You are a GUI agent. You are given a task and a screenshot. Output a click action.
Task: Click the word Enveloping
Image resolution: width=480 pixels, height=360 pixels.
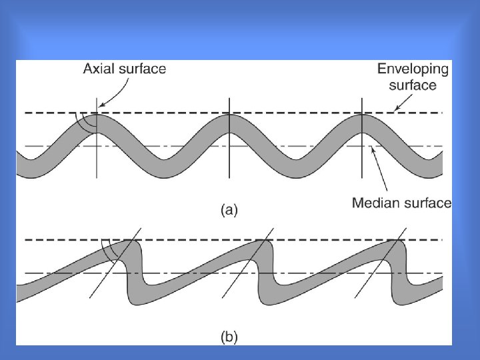(413, 69)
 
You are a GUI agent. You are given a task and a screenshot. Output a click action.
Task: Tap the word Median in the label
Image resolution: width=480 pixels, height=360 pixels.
(375, 203)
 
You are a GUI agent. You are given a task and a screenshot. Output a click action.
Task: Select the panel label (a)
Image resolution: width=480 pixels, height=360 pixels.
(229, 211)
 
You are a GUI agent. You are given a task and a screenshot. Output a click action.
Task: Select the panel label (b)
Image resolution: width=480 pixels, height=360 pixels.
(229, 337)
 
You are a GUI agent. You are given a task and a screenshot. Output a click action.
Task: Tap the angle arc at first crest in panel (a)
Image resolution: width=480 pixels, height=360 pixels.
(81, 121)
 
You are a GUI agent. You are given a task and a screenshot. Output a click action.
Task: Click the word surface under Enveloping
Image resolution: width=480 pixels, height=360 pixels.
(413, 85)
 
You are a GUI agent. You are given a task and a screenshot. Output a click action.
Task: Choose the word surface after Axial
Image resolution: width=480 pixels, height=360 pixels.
(143, 69)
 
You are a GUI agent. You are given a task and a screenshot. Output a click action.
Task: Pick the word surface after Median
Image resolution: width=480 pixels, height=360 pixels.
(426, 203)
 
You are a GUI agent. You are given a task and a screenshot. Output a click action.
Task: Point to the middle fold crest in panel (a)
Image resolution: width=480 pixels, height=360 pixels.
(229, 123)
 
